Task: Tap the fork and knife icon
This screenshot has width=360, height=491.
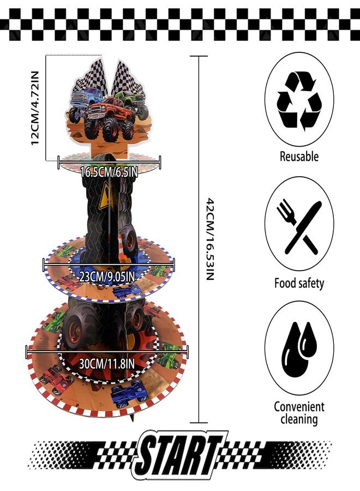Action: (x=299, y=227)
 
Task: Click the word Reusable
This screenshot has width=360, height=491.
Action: (x=299, y=156)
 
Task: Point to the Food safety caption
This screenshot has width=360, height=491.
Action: (x=299, y=283)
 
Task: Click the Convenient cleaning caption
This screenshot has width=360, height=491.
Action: (x=299, y=412)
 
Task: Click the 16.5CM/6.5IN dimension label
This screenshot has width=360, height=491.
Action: (x=109, y=172)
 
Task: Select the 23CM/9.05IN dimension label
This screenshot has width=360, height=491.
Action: (x=107, y=277)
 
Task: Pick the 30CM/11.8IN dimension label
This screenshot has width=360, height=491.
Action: (x=107, y=364)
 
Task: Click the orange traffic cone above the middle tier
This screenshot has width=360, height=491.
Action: (x=122, y=249)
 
